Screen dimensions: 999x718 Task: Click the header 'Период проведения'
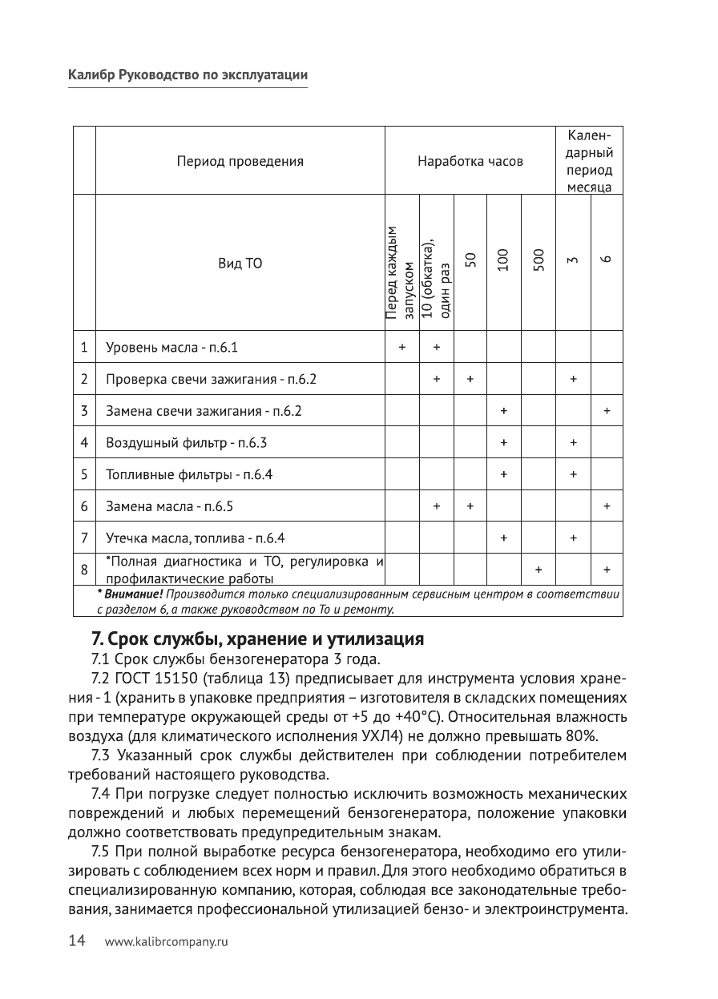click(x=240, y=161)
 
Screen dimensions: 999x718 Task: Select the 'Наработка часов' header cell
click(x=470, y=161)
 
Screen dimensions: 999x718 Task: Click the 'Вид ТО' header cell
click(x=240, y=263)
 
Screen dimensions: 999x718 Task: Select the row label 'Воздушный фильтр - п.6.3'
click(x=186, y=442)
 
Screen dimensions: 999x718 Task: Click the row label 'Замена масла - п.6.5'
click(x=169, y=506)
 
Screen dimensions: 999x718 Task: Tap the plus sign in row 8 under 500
click(x=538, y=570)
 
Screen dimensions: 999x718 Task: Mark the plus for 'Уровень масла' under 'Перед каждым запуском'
click(x=402, y=348)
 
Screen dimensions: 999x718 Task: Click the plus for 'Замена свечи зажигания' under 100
click(x=503, y=411)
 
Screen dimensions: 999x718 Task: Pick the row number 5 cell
click(x=84, y=474)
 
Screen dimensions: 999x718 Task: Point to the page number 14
click(x=76, y=942)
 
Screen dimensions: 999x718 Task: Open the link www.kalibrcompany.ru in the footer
click(x=166, y=943)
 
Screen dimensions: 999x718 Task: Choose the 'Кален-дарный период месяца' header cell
click(x=590, y=161)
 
